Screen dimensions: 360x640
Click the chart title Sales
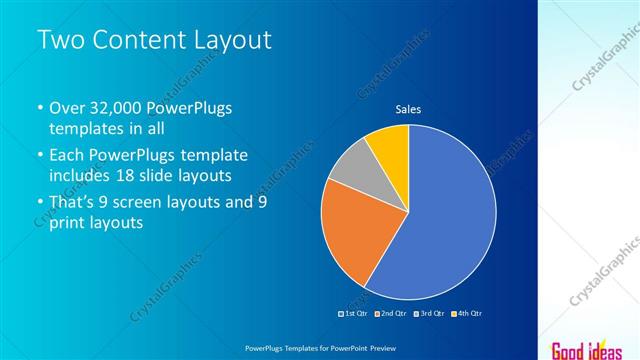click(408, 109)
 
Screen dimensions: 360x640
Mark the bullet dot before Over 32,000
click(39, 108)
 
